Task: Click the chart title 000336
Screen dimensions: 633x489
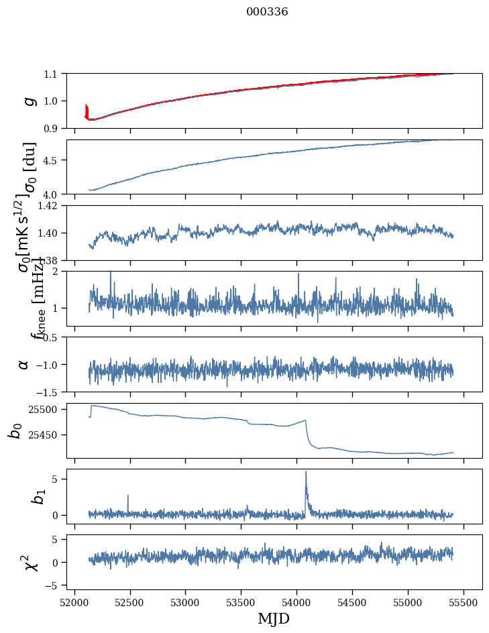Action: [267, 12]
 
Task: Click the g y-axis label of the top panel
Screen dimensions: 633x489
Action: [28, 101]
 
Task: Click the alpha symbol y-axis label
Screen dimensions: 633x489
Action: [23, 364]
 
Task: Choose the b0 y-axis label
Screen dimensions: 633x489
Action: [16, 430]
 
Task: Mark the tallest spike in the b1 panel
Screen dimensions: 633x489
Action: [306, 472]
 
